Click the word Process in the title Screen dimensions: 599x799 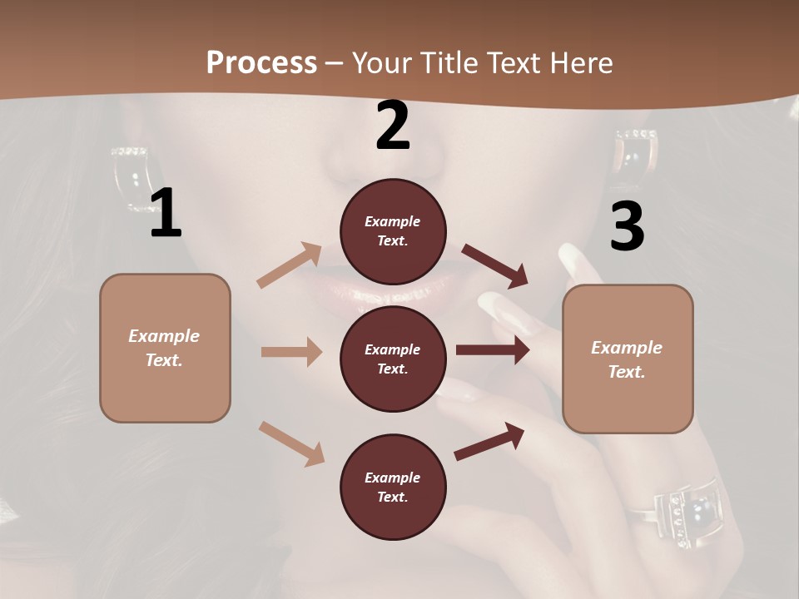point(261,62)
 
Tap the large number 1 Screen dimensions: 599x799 point(166,214)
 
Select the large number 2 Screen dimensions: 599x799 point(393,126)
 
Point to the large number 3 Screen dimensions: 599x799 point(627,226)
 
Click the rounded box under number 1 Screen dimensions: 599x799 point(165,348)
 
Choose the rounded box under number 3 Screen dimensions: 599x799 point(628,359)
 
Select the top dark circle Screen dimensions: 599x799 point(393,231)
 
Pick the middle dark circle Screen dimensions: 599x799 point(393,359)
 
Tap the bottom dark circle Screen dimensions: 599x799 point(393,487)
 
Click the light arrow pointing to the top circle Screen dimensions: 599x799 point(290,265)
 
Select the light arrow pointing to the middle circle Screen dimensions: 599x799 point(291,352)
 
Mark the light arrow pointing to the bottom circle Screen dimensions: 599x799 point(291,443)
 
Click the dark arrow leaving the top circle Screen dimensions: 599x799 point(495,266)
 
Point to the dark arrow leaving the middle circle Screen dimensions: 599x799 point(493,350)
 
